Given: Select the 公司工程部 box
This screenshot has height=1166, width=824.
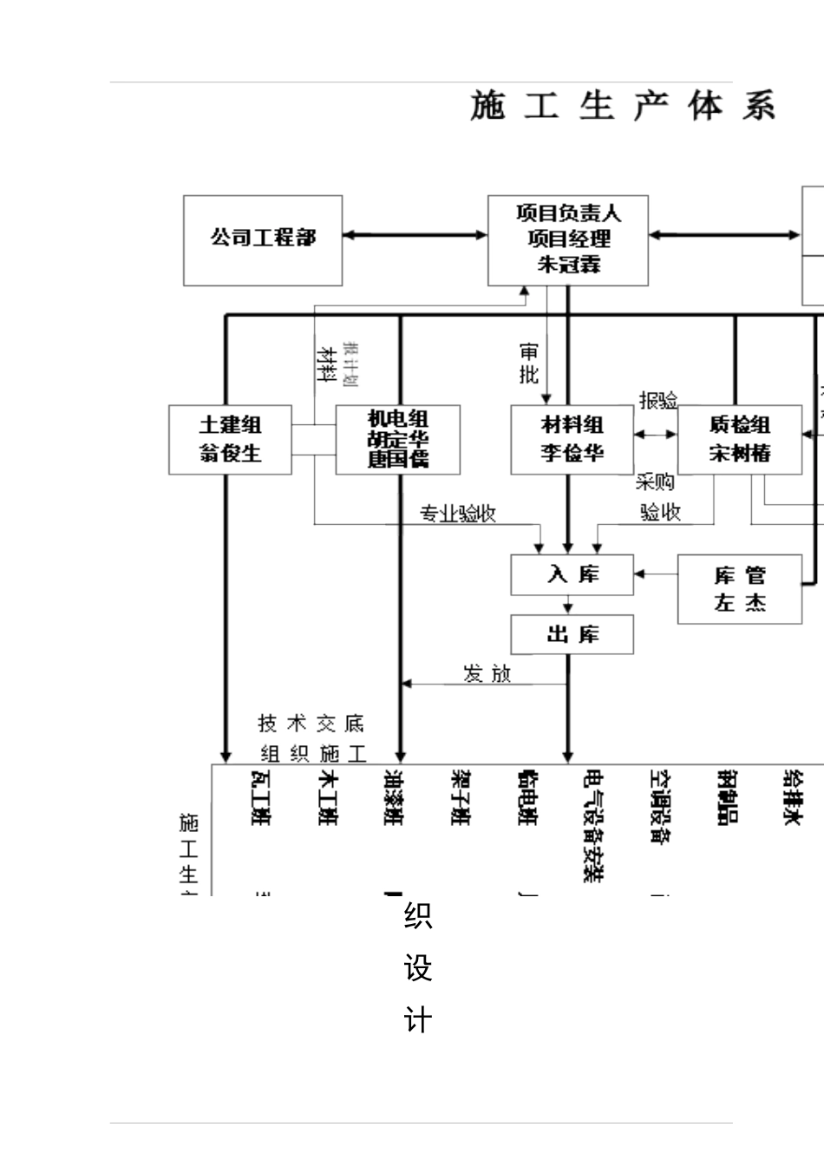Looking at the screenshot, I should [x=263, y=240].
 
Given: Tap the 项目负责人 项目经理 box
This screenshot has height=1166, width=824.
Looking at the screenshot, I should [x=568, y=240].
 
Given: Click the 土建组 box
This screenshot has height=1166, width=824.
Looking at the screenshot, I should [x=230, y=439].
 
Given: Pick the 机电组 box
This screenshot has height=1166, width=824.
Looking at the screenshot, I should [x=398, y=439].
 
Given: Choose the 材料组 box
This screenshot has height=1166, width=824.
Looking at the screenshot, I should [x=572, y=439].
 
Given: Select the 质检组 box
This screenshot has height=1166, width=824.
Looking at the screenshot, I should [x=739, y=439].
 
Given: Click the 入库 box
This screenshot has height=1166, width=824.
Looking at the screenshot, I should [x=572, y=574].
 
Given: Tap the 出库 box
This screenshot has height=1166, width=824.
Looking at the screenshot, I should [x=572, y=634].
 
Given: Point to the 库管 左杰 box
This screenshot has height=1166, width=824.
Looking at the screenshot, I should [x=739, y=589].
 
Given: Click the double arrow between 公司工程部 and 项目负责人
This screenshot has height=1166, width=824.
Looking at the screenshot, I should [x=415, y=234].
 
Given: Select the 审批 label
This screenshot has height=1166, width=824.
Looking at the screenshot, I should [x=528, y=364].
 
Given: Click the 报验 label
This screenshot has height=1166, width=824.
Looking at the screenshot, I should [x=658, y=401].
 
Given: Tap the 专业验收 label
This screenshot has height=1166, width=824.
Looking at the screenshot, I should [x=457, y=514].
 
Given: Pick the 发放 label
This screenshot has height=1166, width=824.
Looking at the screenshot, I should [x=487, y=674].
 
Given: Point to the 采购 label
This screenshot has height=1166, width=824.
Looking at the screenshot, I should [x=655, y=482].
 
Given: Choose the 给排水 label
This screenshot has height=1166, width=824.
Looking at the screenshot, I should [x=792, y=796].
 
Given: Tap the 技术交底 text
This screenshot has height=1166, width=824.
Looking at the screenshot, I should [x=311, y=724].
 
